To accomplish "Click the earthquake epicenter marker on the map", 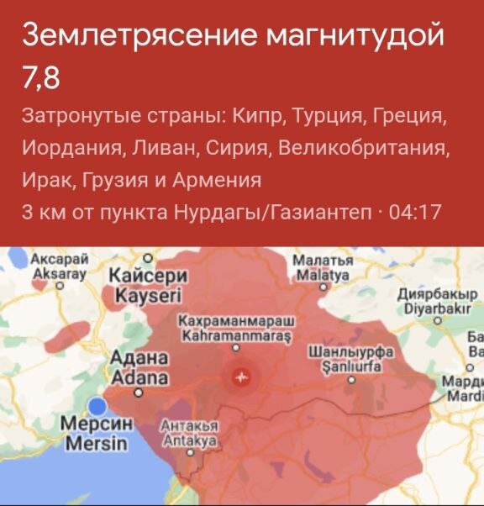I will [242, 377].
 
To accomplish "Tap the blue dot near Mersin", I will [99, 405].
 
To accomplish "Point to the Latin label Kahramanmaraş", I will [235, 337].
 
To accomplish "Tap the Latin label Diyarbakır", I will [435, 308].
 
